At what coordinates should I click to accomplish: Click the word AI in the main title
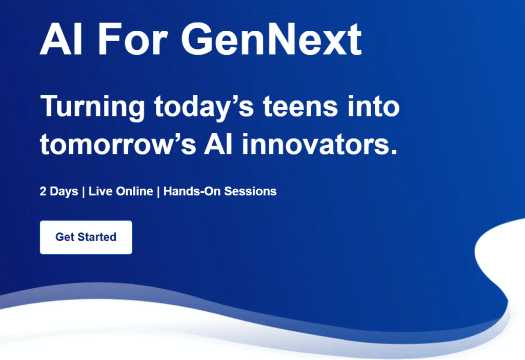[61, 39]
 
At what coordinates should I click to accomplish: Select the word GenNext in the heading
[272, 39]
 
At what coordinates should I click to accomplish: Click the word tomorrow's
[118, 144]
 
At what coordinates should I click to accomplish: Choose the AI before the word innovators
[218, 144]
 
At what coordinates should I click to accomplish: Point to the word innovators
[319, 144]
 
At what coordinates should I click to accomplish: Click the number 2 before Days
[43, 191]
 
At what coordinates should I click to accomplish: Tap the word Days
[64, 192]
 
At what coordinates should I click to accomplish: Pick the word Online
[134, 191]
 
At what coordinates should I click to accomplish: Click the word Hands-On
[192, 191]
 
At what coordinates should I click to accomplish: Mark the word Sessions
[250, 191]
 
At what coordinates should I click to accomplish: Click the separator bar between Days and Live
[84, 192]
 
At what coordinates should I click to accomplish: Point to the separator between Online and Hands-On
[158, 192]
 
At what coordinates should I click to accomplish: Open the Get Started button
[86, 237]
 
